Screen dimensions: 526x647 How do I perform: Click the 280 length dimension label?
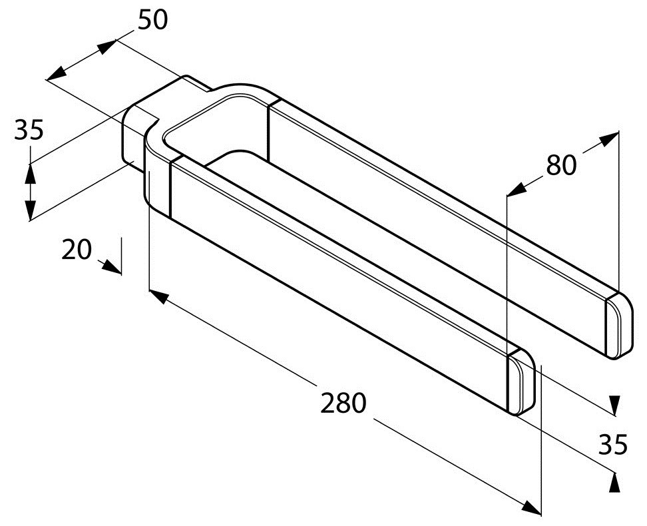(x=343, y=403)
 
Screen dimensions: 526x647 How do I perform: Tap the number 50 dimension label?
(x=152, y=20)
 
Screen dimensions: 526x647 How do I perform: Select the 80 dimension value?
(x=561, y=164)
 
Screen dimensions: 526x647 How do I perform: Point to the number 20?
(x=77, y=250)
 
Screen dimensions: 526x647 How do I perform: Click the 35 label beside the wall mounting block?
(x=29, y=130)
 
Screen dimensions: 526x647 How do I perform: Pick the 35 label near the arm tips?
(x=612, y=445)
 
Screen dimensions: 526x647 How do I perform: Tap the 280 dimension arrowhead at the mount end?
(x=157, y=295)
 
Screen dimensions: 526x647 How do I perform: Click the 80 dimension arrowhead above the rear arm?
(x=607, y=138)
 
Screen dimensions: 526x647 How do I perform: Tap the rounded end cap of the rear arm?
(x=618, y=326)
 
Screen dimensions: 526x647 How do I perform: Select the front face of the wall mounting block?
(x=131, y=141)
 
